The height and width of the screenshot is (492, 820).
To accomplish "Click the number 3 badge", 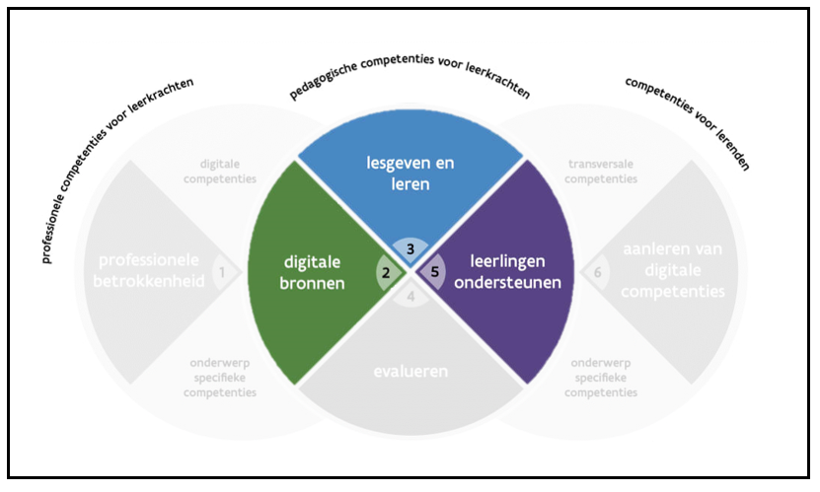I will tap(410, 247).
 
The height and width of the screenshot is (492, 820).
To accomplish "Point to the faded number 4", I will tap(410, 293).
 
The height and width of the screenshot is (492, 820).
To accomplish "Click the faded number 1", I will tap(223, 270).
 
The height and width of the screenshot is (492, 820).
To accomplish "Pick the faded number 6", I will tap(598, 271).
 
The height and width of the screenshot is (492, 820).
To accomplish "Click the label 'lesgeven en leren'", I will tap(410, 173).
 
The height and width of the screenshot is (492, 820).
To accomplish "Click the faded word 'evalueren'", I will tap(410, 372).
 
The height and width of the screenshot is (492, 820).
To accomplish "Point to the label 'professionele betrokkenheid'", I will tap(148, 271).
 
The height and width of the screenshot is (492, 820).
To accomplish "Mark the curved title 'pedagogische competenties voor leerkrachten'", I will tap(410, 80).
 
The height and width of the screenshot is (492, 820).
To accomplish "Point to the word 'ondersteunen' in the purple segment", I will tap(514, 282).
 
